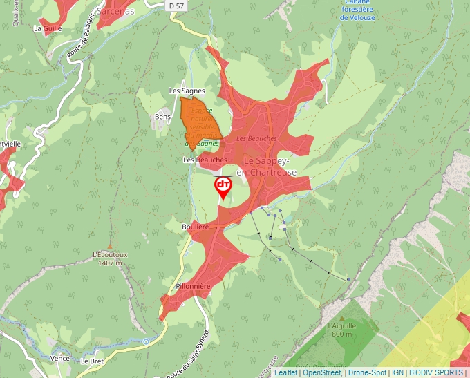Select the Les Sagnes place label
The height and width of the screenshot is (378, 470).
point(187,91)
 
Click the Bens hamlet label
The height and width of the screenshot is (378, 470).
point(163,117)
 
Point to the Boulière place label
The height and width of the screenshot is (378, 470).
point(176,227)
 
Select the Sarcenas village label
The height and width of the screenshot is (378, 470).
point(116,12)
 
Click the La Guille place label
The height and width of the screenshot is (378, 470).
point(48,28)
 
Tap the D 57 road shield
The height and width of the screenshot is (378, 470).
point(177,6)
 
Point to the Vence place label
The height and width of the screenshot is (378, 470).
point(60,359)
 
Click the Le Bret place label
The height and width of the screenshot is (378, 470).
point(92,361)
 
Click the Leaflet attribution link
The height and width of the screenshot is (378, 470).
point(285,372)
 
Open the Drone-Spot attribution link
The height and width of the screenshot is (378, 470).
point(368,372)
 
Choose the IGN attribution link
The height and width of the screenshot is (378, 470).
point(397,372)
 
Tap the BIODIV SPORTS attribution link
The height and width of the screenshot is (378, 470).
point(436,372)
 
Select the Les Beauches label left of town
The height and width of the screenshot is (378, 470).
point(205,160)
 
